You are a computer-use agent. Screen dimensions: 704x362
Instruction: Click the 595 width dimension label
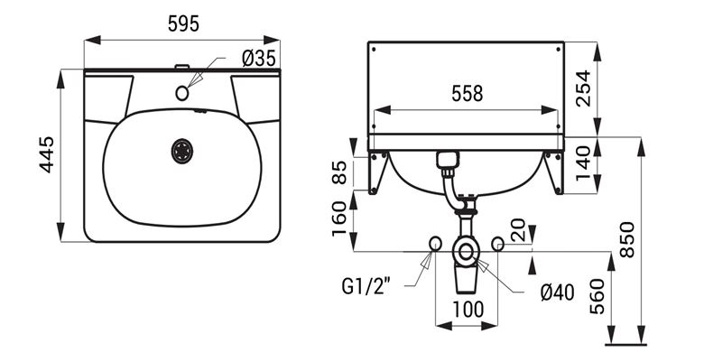click(183, 23)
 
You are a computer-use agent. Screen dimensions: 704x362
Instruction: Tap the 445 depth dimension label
click(47, 154)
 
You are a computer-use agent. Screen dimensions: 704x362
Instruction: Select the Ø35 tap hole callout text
click(259, 59)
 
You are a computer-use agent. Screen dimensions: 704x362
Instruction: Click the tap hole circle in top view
click(181, 93)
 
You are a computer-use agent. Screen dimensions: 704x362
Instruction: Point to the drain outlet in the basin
click(182, 151)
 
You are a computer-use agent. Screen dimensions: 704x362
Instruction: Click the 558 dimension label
click(467, 94)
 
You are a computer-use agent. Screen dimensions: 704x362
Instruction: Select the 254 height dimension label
click(583, 88)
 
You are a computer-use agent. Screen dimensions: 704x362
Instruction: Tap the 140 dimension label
click(583, 162)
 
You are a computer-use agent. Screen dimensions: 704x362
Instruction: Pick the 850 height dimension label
click(627, 239)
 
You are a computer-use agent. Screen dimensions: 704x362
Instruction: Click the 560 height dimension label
click(597, 296)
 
